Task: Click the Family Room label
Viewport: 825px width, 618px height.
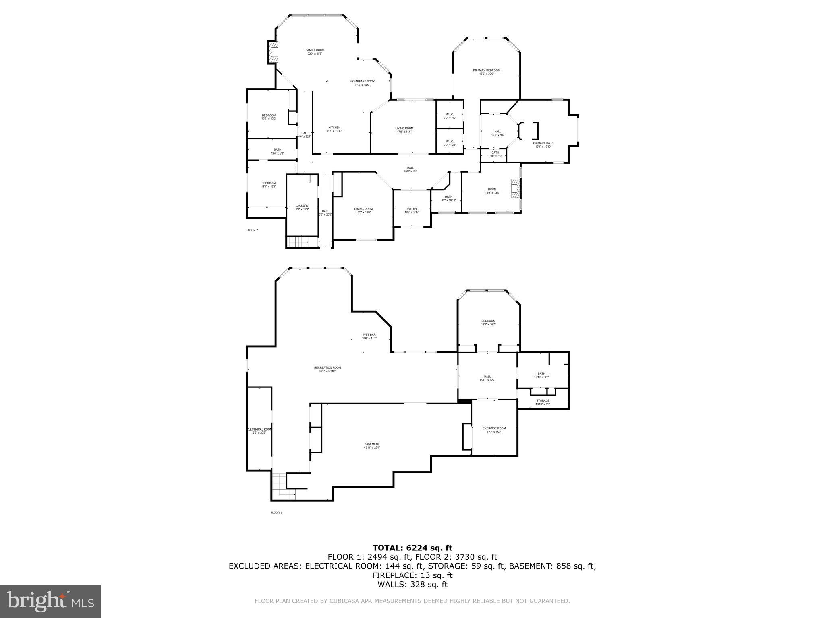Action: click(315, 52)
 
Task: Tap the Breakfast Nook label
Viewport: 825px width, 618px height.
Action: click(362, 83)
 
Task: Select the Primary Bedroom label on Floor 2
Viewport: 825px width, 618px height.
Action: click(486, 72)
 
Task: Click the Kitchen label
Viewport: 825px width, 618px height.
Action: click(334, 129)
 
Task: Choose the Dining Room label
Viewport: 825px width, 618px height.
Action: click(363, 210)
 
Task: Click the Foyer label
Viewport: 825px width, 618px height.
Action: click(412, 210)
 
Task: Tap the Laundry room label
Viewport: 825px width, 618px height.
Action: click(302, 208)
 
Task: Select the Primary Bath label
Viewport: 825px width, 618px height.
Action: click(543, 144)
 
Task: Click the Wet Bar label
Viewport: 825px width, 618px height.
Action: click(369, 336)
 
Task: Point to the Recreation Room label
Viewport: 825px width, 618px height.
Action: click(327, 369)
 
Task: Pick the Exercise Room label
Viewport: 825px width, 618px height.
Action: click(494, 430)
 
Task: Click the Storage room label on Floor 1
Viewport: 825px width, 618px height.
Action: click(543, 402)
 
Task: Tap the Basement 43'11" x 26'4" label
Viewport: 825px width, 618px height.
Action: click(371, 445)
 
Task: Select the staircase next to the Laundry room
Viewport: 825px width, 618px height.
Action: click(297, 242)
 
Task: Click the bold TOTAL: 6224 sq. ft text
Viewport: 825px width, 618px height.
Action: click(412, 548)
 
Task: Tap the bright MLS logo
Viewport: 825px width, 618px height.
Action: click(50, 601)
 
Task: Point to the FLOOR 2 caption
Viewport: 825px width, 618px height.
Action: click(252, 230)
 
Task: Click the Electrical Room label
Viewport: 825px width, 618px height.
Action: click(259, 431)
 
